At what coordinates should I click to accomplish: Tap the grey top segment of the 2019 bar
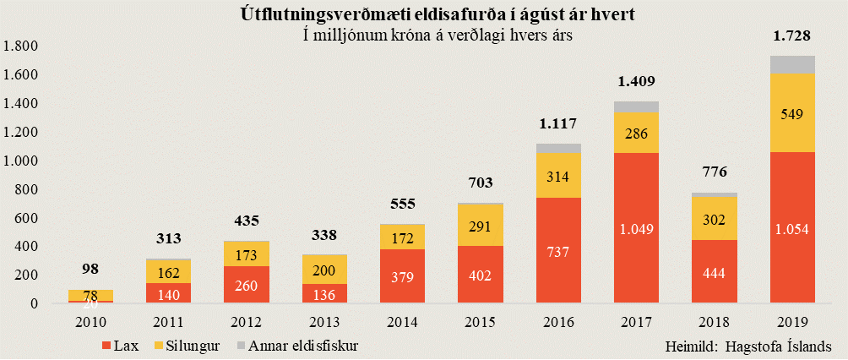[792, 64]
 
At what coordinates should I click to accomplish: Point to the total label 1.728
[792, 36]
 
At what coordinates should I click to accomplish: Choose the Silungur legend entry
[183, 346]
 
